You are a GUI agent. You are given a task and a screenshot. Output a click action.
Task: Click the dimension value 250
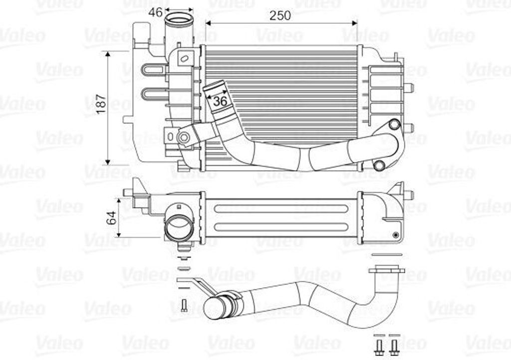pos(280,15)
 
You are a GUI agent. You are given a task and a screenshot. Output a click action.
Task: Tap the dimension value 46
pos(155,12)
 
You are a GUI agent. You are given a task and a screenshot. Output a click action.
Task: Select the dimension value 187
pos(101,103)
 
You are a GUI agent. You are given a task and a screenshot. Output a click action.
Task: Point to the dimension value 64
pos(111,218)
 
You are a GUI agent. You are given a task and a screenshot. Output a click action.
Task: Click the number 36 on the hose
pos(220,101)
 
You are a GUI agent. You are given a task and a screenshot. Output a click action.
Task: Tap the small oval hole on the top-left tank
pos(184,59)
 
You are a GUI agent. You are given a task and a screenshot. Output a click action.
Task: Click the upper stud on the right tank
pos(409,88)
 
